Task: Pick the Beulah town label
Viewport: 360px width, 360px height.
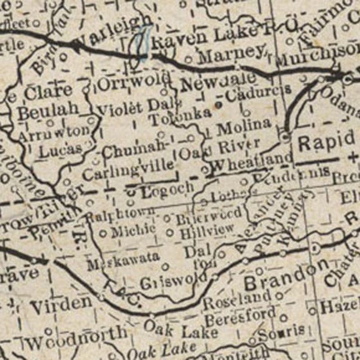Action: pyautogui.click(x=49, y=109)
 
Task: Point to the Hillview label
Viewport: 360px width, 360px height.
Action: pyautogui.click(x=207, y=230)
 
